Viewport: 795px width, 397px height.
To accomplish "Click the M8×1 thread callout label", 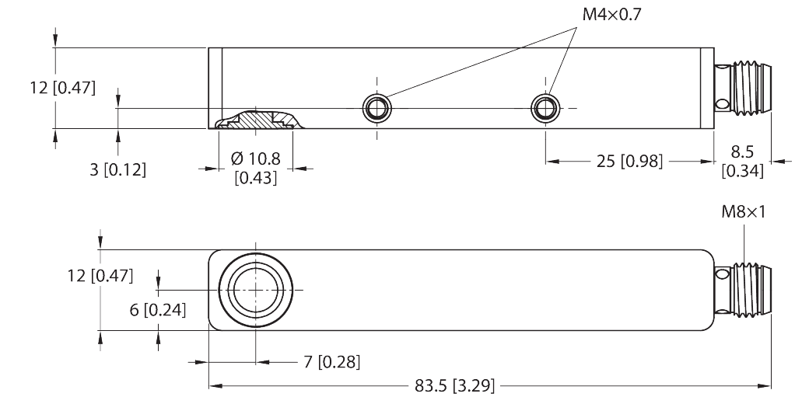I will pos(743,211).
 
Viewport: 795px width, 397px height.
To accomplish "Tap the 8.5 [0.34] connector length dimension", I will pos(742,162).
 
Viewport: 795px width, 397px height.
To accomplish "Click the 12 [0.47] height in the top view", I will pos(62,88).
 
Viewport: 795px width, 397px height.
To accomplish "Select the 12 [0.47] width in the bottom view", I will pos(100,275).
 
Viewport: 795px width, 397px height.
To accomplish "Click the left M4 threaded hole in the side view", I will pos(376,108).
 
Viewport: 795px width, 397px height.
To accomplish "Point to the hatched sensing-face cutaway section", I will pos(256,120).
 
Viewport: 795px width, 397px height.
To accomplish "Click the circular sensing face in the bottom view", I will pos(256,288).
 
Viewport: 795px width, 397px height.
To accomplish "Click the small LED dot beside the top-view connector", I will pos(721,103).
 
